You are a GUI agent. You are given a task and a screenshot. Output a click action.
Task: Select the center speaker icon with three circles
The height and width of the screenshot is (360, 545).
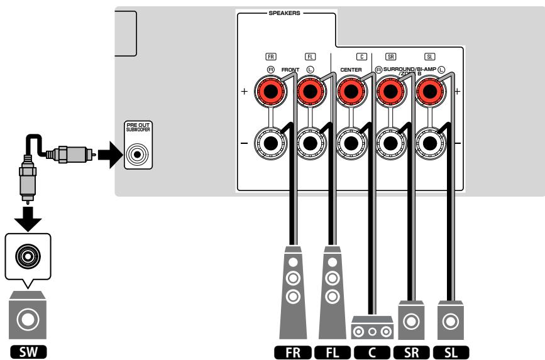(372, 326)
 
